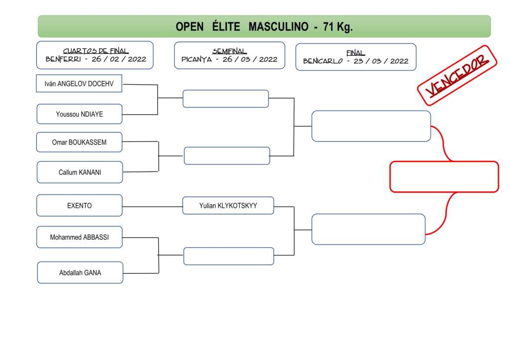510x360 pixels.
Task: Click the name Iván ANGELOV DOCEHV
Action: [79, 84]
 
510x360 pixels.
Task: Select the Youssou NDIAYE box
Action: [80, 114]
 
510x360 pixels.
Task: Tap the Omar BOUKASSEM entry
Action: [79, 142]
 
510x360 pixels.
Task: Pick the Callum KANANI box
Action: [80, 172]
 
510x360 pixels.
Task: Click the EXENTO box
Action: [80, 205]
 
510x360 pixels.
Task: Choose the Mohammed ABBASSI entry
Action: [79, 237]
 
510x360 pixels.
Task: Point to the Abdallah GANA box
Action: [80, 272]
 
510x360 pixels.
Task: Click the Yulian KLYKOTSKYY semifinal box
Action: [228, 205]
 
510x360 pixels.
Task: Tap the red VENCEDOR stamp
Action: [457, 75]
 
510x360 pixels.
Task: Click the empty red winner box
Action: [444, 177]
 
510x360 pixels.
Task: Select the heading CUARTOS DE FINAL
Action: [96, 51]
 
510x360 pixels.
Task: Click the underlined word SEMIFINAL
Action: [230, 51]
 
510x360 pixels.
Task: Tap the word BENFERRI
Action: [63, 59]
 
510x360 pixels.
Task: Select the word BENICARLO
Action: [322, 61]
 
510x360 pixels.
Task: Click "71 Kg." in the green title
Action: [338, 27]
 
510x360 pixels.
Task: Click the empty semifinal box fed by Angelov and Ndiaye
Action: [226, 99]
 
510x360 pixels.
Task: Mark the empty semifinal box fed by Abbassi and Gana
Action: [229, 256]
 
